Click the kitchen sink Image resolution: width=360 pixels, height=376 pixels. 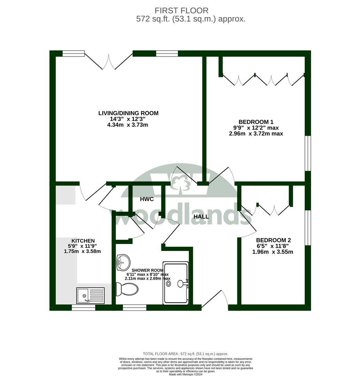coord(91,296)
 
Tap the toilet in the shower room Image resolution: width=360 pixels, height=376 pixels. coord(127,289)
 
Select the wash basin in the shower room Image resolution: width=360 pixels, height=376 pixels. coord(123,262)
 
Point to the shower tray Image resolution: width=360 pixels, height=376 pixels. coord(175,283)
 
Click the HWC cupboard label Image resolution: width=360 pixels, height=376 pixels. coord(147,199)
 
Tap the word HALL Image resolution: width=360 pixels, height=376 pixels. coord(201,217)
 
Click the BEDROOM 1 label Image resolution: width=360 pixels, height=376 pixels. coord(256,122)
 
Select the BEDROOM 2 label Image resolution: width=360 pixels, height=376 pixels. coord(273,240)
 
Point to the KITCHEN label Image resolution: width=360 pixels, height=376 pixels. coord(83,241)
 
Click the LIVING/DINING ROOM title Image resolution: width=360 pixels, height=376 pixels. coord(128,113)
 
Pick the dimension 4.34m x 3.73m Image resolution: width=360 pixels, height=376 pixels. coord(127,125)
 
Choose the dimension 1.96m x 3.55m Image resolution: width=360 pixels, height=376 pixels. coord(273,252)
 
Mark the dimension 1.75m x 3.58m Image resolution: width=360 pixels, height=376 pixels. coord(82,251)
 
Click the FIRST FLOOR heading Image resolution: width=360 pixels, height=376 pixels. coord(181,10)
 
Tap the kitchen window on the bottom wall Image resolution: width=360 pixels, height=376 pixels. coord(84,308)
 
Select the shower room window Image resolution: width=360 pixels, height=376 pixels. coord(134,308)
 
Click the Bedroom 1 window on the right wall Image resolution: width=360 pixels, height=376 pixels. coord(308,154)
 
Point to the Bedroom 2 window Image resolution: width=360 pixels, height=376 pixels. coord(308,228)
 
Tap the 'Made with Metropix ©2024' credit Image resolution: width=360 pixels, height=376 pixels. coord(186,374)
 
